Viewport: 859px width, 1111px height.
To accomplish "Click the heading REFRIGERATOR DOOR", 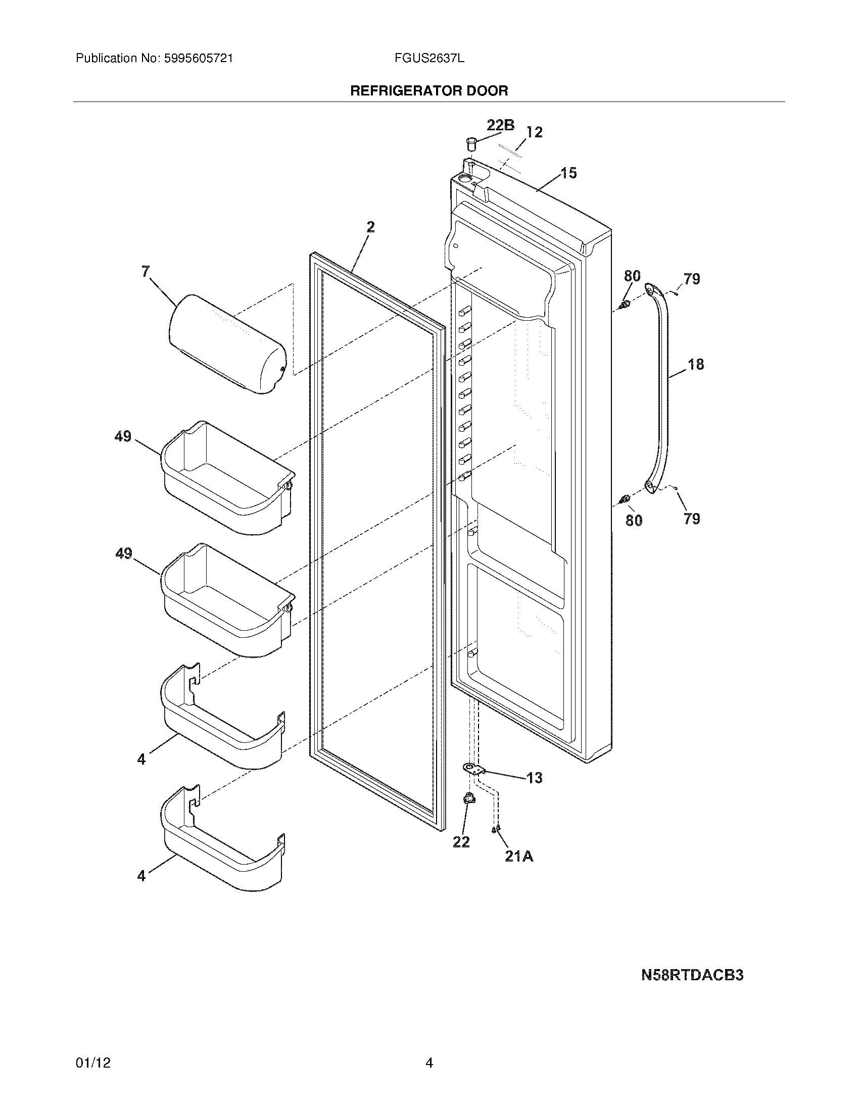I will pos(429,91).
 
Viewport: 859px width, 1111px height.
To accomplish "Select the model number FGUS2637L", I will pos(429,59).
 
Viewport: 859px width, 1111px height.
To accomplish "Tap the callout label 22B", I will pos(500,125).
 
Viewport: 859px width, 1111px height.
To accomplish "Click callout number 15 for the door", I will pos(569,173).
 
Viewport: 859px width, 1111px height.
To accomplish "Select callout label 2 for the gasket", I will pos(370,227).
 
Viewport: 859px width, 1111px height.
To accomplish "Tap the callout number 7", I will pos(146,272).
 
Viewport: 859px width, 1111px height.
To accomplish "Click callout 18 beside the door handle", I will pos(696,364).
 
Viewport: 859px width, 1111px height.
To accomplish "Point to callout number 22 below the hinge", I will pos(461,842).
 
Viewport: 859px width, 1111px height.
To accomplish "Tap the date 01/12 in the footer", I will pos(92,1063).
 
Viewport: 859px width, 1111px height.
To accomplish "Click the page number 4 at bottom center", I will pos(429,1063).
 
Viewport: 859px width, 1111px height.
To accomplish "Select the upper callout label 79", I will pos(692,279).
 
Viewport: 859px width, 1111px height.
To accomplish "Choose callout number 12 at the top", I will pos(534,132).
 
